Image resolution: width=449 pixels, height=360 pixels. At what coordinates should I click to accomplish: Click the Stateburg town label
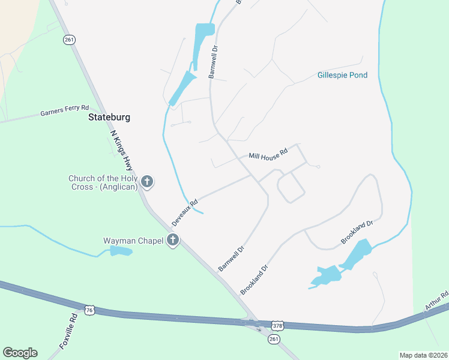click(x=109, y=117)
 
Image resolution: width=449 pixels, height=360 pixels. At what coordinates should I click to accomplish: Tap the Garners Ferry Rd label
click(x=64, y=112)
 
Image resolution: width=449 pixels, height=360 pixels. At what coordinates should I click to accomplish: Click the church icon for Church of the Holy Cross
click(x=147, y=182)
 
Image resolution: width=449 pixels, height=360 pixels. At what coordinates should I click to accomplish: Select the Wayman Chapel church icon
click(x=173, y=241)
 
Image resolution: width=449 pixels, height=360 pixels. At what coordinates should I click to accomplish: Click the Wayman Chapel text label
click(x=133, y=241)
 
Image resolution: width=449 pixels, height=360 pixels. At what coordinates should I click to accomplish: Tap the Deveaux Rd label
click(x=185, y=213)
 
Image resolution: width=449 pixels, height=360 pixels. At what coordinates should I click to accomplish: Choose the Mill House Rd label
click(x=268, y=154)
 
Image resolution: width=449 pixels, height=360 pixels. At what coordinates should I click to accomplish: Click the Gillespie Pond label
click(x=342, y=76)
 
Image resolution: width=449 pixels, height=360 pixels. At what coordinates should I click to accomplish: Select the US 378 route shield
click(x=277, y=325)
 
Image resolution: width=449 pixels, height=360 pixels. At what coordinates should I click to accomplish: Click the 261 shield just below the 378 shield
click(x=274, y=339)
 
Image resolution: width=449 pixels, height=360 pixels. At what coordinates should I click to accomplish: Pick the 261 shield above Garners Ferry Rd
click(x=68, y=40)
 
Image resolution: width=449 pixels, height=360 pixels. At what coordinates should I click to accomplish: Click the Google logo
click(x=20, y=353)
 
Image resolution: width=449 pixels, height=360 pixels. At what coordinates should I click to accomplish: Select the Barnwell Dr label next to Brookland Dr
click(x=232, y=259)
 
